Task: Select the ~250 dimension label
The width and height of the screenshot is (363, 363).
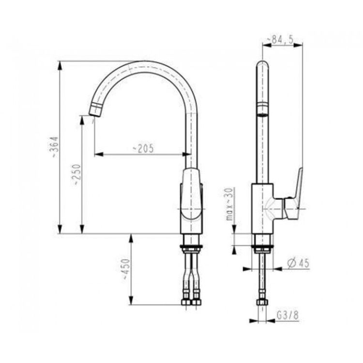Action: point(76,174)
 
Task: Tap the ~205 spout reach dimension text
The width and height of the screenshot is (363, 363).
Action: point(143,149)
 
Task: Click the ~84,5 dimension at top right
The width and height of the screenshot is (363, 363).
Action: point(283,40)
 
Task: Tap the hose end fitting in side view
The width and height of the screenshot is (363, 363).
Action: point(262,303)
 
